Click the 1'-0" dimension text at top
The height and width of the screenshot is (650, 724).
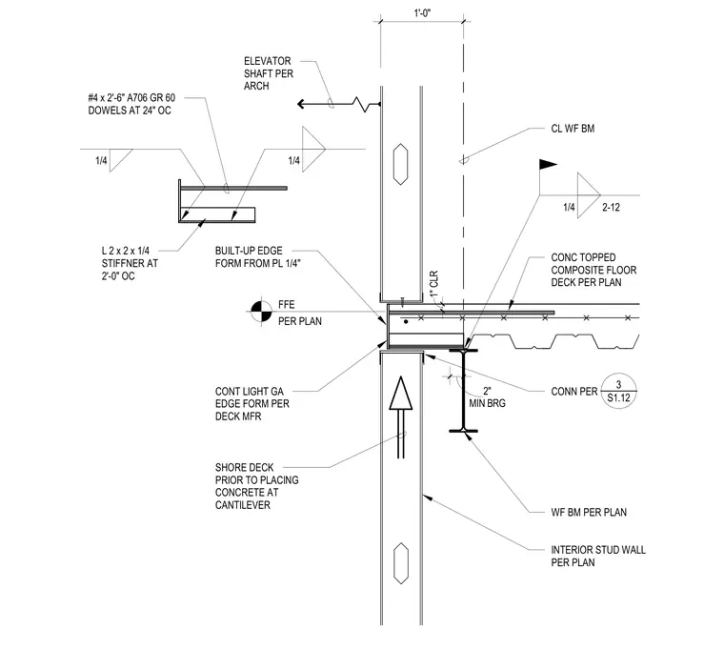click(x=422, y=13)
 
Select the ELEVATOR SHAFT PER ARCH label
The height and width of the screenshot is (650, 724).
click(x=269, y=73)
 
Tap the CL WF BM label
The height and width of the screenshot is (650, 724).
click(x=573, y=129)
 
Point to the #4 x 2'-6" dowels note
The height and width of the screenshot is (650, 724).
click(x=131, y=104)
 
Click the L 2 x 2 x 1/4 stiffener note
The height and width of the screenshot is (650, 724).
click(x=130, y=263)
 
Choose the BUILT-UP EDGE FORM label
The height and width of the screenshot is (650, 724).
click(x=257, y=257)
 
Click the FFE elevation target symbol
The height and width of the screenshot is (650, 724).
click(x=261, y=312)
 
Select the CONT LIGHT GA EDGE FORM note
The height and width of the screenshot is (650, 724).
click(x=252, y=404)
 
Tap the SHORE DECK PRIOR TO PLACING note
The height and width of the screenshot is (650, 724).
click(x=256, y=486)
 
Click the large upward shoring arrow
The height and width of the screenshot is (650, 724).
click(x=401, y=417)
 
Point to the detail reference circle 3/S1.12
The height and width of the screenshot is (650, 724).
click(x=618, y=391)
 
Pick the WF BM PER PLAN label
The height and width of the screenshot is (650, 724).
click(x=589, y=512)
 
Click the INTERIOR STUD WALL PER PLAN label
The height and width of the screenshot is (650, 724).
click(x=598, y=556)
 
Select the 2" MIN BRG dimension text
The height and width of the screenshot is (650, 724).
click(x=487, y=397)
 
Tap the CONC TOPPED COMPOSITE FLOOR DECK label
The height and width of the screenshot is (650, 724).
click(x=593, y=270)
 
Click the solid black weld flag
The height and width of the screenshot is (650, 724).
click(x=548, y=164)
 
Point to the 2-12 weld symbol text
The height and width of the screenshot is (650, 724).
click(x=611, y=208)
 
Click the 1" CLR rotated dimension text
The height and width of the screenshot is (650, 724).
click(x=434, y=284)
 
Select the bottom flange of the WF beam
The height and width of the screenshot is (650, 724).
click(x=464, y=431)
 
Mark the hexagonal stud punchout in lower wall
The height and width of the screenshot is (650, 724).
click(x=401, y=563)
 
